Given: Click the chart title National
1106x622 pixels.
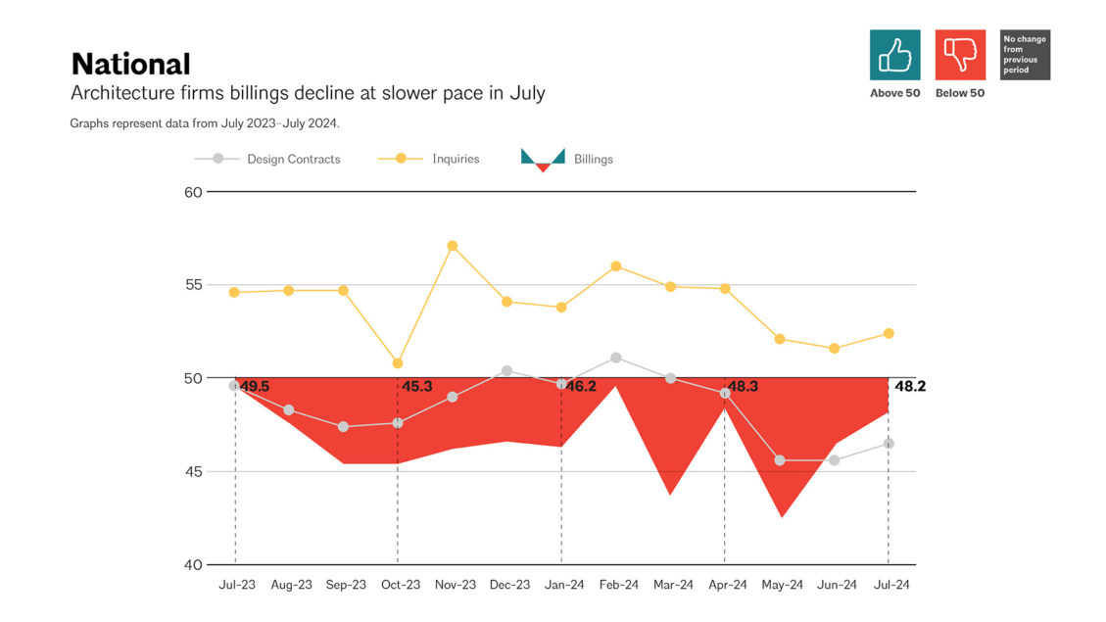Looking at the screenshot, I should point(130,65).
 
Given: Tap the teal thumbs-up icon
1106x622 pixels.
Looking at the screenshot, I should point(894,55).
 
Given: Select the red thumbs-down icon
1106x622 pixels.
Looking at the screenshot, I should point(960,55).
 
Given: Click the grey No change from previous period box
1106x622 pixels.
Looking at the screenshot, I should point(1025,55).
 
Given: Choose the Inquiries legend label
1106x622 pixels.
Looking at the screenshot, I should point(456,159).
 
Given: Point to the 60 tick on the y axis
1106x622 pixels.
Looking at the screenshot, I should point(192,192).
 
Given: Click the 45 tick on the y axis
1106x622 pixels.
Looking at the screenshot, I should point(192,472).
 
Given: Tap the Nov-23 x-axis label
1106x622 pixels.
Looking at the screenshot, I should point(455,585).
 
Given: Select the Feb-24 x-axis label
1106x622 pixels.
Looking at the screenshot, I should point(617,585).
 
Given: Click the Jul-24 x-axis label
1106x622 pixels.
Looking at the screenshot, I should point(890,585).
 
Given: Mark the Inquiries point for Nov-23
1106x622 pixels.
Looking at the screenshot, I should point(452,246).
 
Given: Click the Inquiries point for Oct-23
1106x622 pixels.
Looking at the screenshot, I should point(398,363).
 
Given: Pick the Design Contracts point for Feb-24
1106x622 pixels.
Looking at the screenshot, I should point(615,358).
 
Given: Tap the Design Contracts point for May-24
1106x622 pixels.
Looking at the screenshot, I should point(780,460).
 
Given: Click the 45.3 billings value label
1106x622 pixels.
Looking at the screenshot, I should point(416,387).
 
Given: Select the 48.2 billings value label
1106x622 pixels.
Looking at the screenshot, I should point(909,387).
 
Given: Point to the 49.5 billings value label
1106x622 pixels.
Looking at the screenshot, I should point(254,387).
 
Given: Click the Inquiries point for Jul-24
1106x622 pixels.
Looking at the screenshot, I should point(889,334).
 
